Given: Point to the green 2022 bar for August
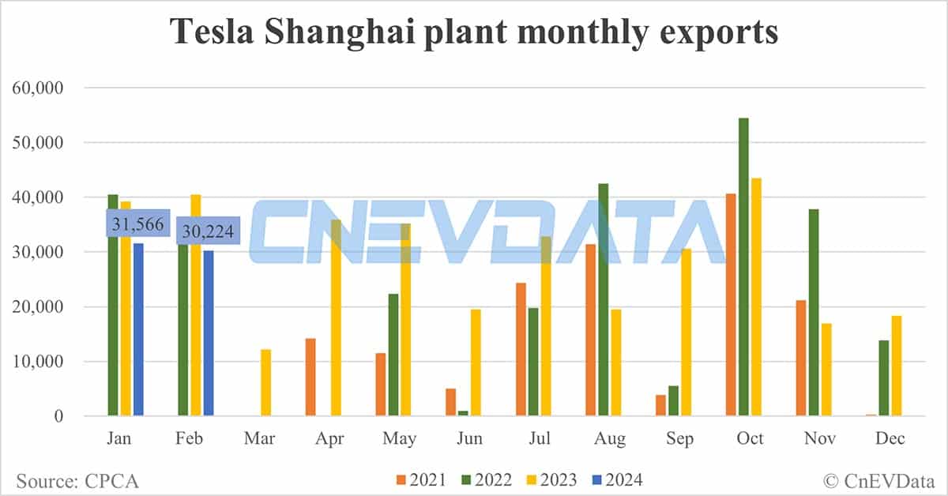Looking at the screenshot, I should click(604, 299).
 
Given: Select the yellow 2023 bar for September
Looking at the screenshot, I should click(685, 333).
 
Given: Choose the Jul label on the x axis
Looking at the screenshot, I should click(540, 438).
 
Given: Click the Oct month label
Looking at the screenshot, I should click(750, 438).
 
